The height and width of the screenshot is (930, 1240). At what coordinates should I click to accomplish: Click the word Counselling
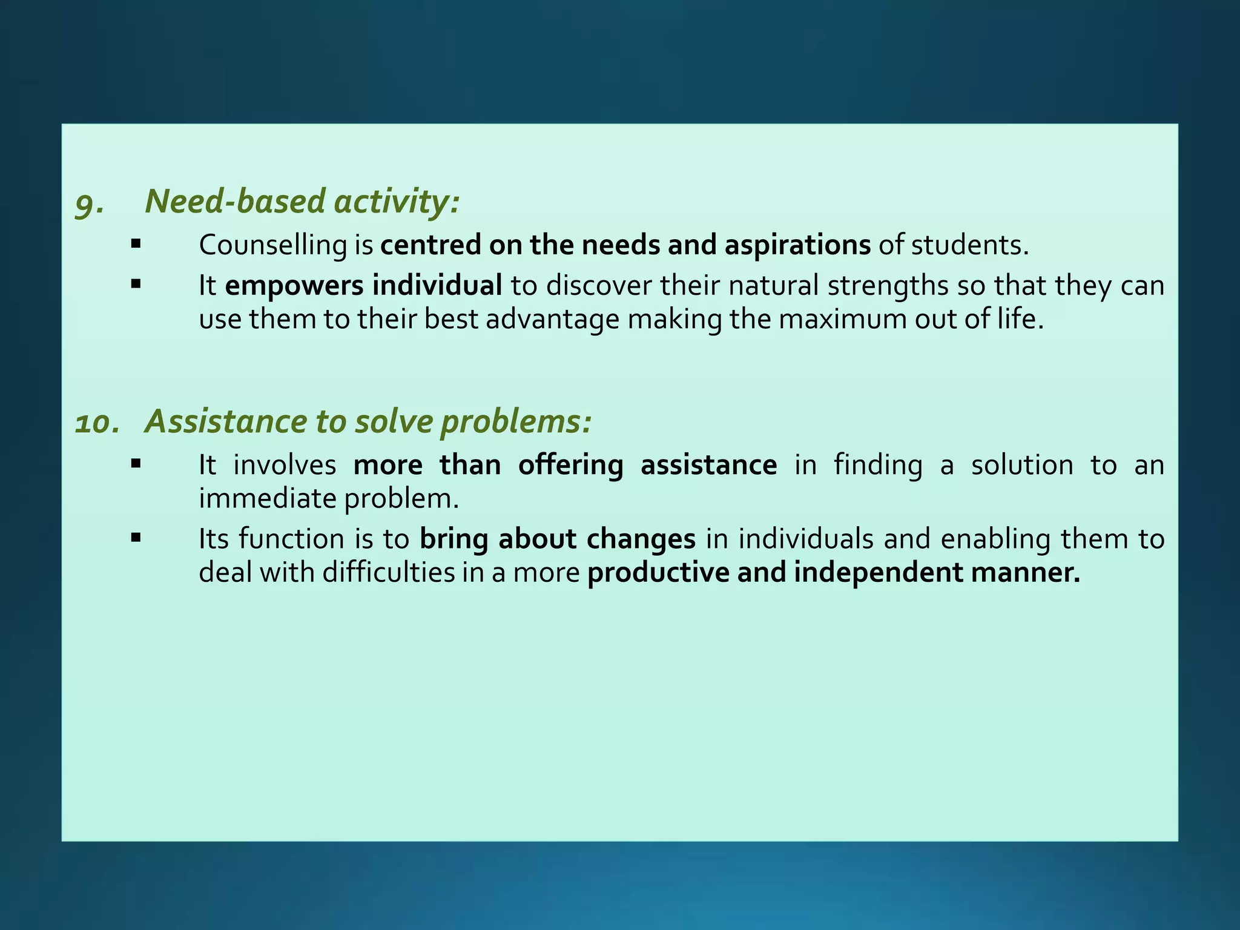[272, 246]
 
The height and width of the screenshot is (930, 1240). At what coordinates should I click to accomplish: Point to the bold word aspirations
[797, 246]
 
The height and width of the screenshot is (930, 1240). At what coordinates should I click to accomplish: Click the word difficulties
[388, 573]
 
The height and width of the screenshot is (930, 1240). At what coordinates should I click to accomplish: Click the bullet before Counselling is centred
[136, 244]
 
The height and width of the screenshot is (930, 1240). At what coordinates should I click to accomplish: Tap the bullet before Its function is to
[136, 537]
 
